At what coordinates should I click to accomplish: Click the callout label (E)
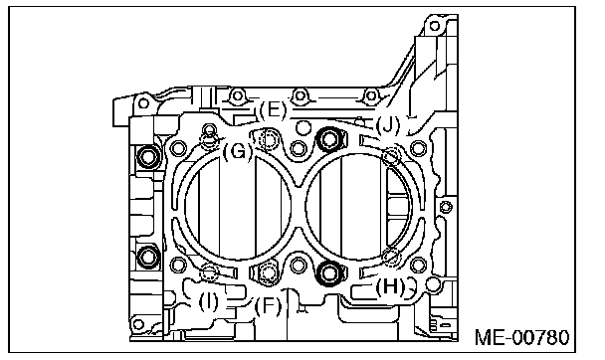tap(273, 110)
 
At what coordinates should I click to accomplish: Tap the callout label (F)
tap(268, 306)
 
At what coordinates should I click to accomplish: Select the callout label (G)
tap(238, 151)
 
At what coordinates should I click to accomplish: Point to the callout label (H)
tap(391, 286)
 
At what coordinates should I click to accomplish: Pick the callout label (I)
tap(208, 301)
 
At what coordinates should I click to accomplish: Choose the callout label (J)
tap(388, 125)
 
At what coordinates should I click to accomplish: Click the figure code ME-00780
tap(521, 338)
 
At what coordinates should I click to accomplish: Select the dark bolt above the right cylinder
tap(329, 139)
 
